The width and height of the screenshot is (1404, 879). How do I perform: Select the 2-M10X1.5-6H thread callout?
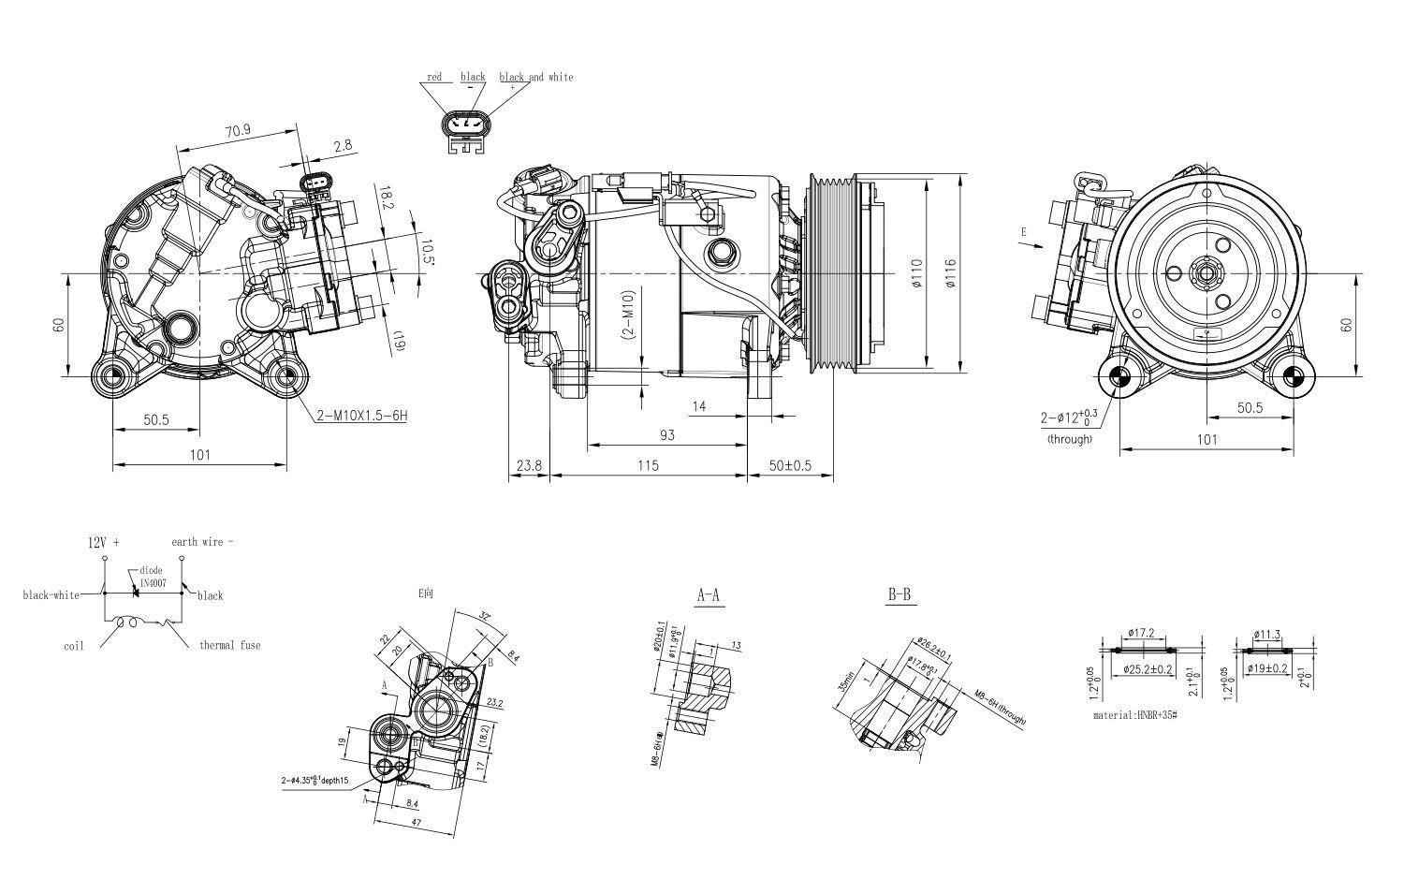(361, 416)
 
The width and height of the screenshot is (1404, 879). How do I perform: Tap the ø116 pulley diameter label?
(950, 273)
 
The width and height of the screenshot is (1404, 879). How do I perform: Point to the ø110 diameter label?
(916, 273)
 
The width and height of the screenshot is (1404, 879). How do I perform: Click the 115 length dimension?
(648, 465)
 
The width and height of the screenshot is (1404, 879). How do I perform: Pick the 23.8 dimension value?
(529, 465)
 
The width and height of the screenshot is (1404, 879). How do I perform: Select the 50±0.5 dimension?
(790, 465)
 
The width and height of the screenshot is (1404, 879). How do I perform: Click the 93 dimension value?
(666, 435)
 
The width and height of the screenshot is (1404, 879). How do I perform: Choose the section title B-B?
(899, 594)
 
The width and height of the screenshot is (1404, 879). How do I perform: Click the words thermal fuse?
(229, 646)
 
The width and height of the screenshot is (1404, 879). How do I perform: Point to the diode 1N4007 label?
(153, 576)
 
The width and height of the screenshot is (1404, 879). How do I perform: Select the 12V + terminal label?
(104, 542)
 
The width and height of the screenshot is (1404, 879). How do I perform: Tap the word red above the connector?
(434, 77)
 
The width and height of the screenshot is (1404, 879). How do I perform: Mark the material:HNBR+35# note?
(1134, 715)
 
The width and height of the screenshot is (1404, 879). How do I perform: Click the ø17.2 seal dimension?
(1142, 634)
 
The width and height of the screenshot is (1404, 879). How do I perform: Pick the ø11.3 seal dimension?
(1269, 634)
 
